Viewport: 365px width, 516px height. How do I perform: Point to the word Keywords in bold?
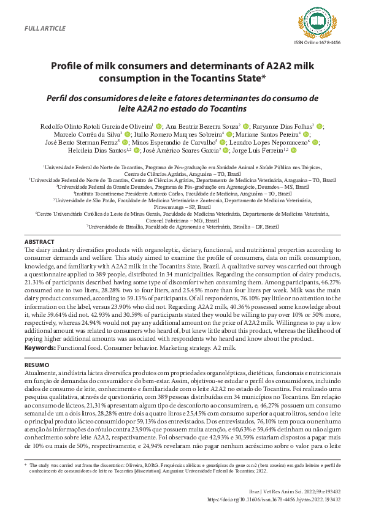[39, 348]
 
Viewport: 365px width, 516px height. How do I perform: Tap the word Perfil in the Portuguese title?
[58, 98]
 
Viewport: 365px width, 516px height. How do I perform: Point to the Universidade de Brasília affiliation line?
[182, 226]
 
